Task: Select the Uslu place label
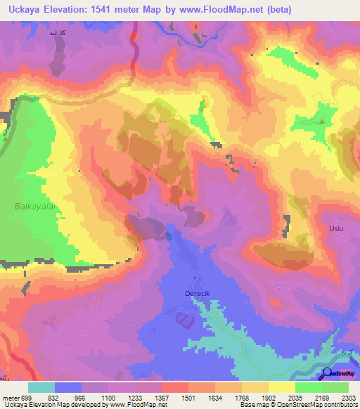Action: coord(338,229)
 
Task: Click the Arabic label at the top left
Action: coord(58,34)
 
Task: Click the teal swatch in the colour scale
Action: coord(41,387)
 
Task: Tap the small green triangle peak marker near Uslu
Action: coord(323,122)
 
